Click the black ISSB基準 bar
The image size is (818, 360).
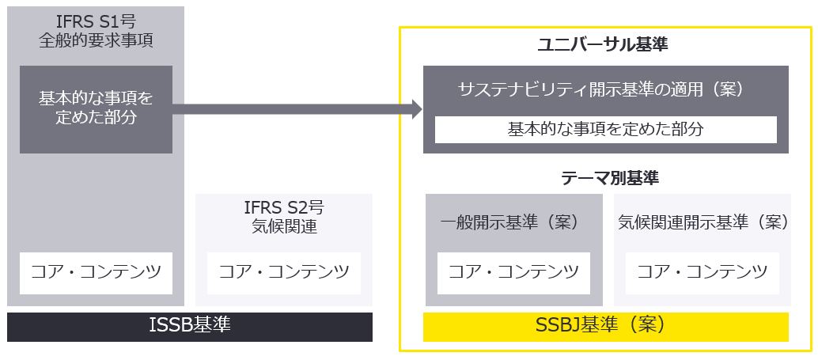click(x=190, y=326)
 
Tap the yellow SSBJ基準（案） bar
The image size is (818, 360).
click(x=606, y=326)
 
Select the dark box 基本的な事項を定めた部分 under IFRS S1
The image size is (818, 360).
click(x=96, y=109)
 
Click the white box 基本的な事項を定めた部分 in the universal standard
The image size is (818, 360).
click(x=605, y=129)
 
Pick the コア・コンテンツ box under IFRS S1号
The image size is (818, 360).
click(x=96, y=273)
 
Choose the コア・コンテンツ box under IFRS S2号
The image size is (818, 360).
click(x=283, y=273)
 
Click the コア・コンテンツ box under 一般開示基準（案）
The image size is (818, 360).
click(x=513, y=273)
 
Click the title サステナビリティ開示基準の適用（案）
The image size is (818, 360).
click(x=602, y=89)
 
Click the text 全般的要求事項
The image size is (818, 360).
click(x=96, y=40)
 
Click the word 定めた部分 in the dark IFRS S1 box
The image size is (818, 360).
click(x=96, y=119)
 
